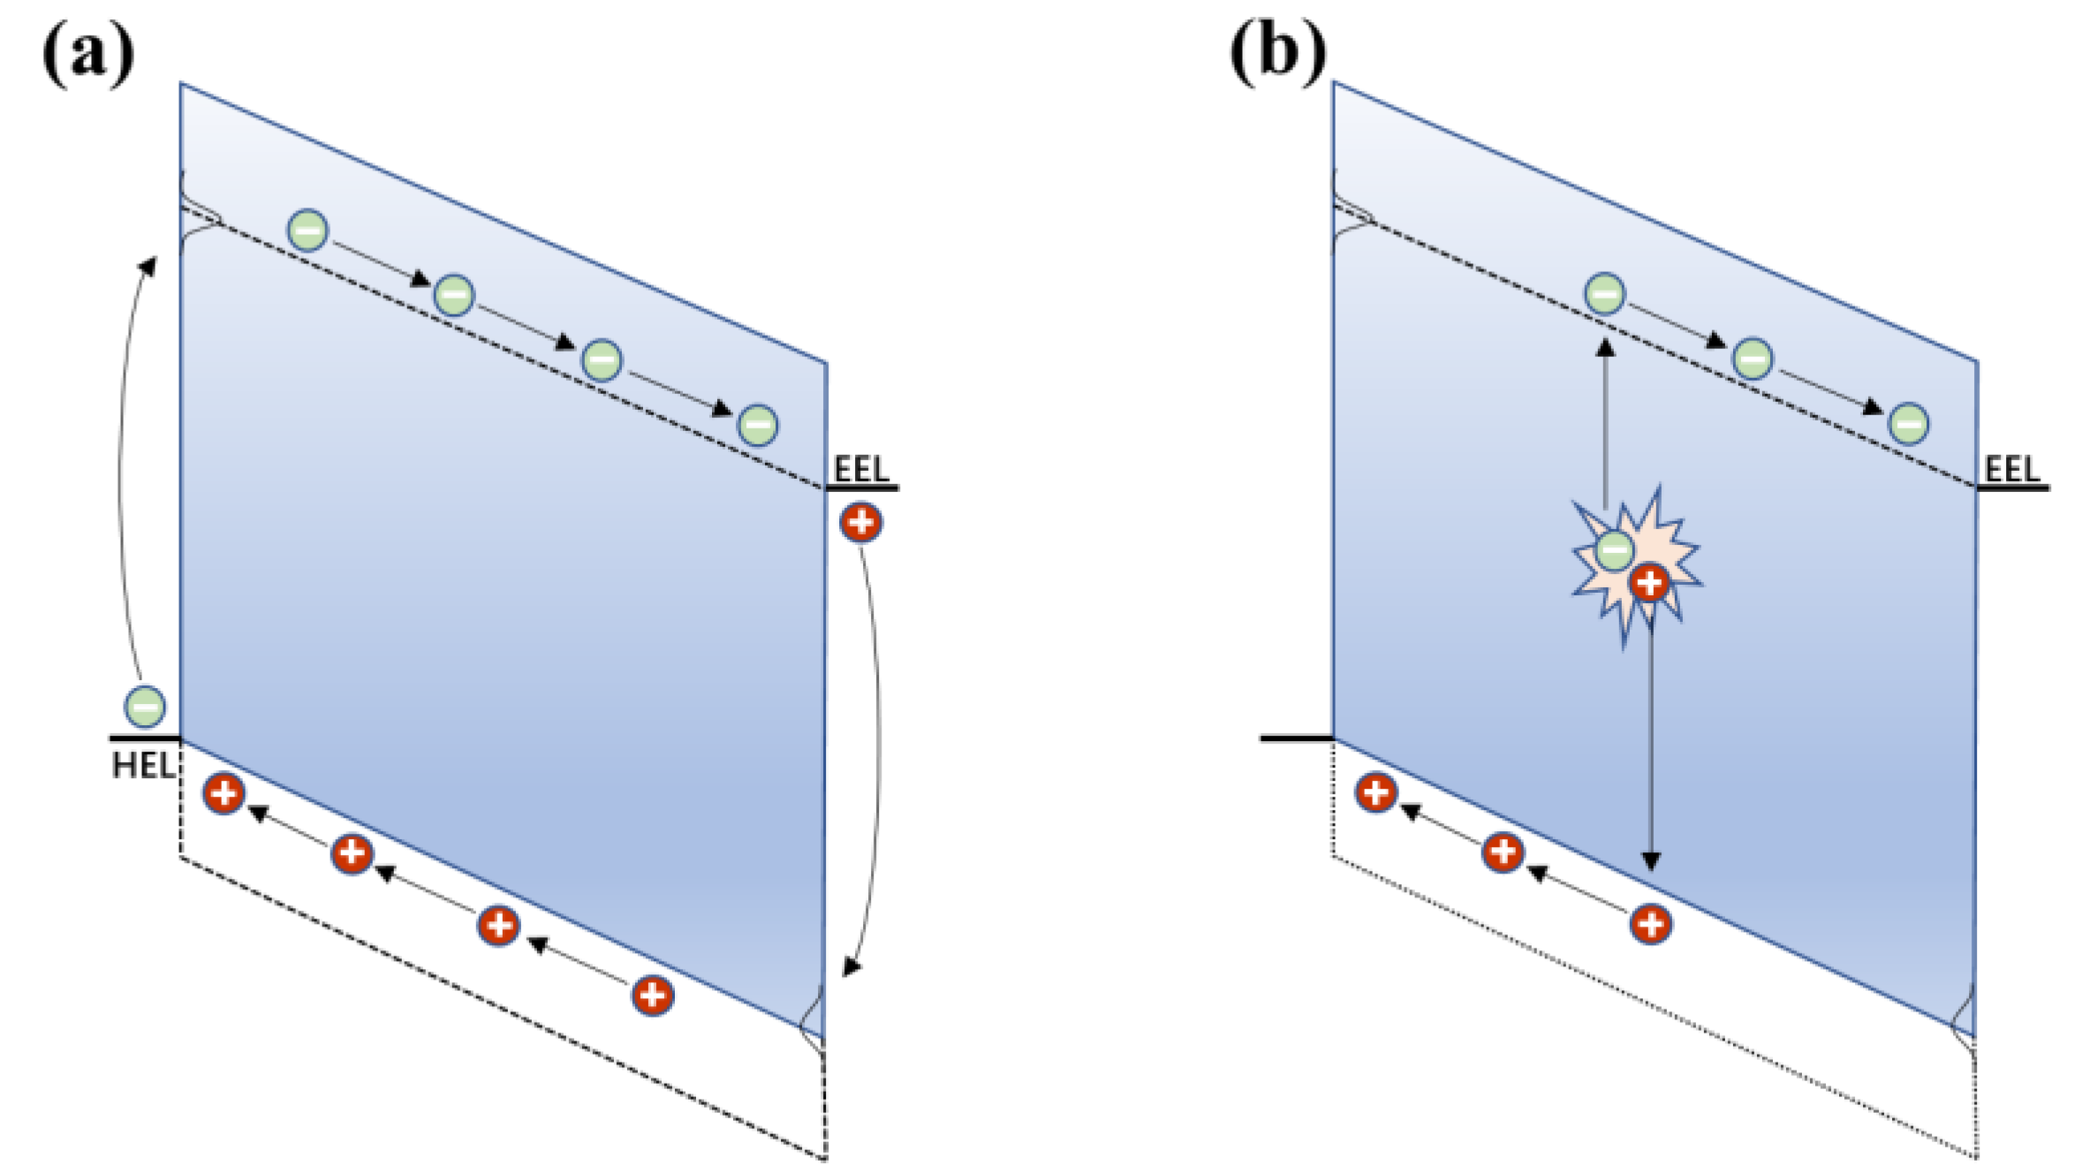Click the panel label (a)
point(87,55)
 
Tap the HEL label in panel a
point(143,765)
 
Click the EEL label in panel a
point(860,469)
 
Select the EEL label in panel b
point(2011,469)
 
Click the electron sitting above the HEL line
point(145,706)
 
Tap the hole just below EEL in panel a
point(860,522)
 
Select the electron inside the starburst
point(1615,550)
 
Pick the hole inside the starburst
point(1649,583)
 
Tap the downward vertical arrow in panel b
point(1650,751)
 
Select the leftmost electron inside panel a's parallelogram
point(308,231)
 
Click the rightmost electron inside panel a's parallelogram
point(758,425)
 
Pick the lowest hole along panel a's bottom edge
point(652,995)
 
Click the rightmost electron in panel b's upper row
point(1908,424)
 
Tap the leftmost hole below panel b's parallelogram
point(1375,792)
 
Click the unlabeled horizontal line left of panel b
point(1295,737)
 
